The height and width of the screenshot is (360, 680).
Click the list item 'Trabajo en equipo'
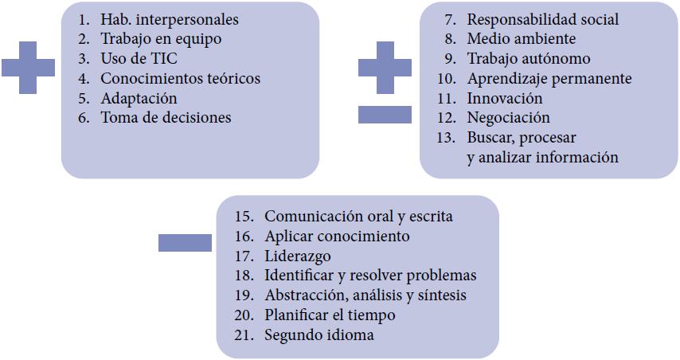pyautogui.click(x=161, y=39)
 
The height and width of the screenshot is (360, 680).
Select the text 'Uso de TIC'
pyautogui.click(x=139, y=59)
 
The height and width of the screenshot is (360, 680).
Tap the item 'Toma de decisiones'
pyautogui.click(x=166, y=118)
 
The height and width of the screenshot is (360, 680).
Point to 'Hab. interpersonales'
pyautogui.click(x=169, y=20)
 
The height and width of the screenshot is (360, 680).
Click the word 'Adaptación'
pyautogui.click(x=139, y=99)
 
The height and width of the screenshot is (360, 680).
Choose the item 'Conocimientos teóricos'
pyautogui.click(x=180, y=79)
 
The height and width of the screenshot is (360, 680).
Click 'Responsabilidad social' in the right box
pyautogui.click(x=542, y=20)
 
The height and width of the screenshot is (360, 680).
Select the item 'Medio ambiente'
pyautogui.click(x=521, y=39)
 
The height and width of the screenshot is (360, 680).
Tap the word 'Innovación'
pyautogui.click(x=505, y=99)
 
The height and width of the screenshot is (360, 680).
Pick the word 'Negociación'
pyautogui.click(x=508, y=118)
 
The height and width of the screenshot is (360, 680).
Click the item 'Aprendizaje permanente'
pyautogui.click(x=549, y=79)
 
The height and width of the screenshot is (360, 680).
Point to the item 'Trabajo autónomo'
pyautogui.click(x=529, y=59)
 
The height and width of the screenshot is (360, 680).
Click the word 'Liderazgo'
pyautogui.click(x=298, y=256)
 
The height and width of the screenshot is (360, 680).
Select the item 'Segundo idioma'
pyautogui.click(x=319, y=335)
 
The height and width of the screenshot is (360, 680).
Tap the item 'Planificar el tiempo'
pyautogui.click(x=330, y=315)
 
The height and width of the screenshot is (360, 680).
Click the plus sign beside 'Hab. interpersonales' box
pyautogui.click(x=28, y=67)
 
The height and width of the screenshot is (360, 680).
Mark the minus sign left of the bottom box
pyautogui.click(x=185, y=241)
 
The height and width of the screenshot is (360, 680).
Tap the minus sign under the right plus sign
pyautogui.click(x=385, y=115)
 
